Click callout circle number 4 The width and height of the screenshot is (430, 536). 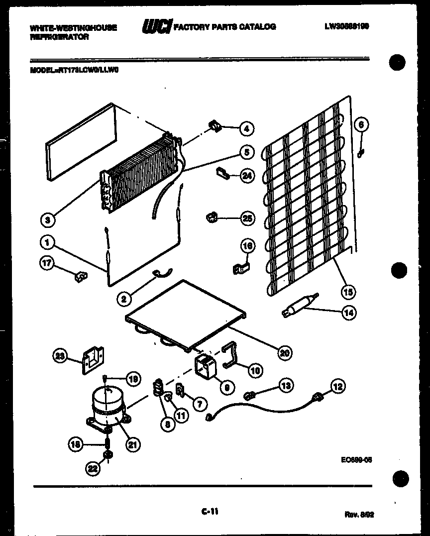245,128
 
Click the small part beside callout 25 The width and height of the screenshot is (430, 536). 212,216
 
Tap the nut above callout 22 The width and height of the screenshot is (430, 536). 106,455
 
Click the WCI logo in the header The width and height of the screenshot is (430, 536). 156,27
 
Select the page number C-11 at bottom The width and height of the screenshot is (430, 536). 210,511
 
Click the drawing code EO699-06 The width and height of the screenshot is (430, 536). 353,460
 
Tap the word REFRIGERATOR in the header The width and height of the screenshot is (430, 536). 59,37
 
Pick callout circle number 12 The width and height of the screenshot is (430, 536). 337,386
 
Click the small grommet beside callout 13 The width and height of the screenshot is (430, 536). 251,395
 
